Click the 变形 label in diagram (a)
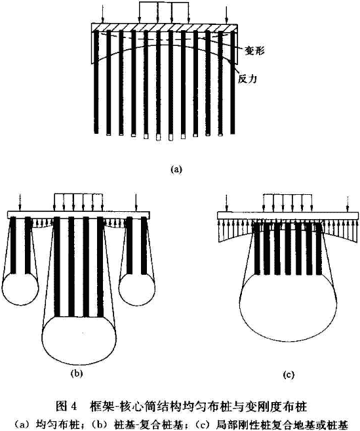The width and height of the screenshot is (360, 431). tap(254, 51)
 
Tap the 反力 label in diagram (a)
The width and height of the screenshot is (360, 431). tap(247, 79)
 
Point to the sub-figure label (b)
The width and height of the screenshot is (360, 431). tap(77, 373)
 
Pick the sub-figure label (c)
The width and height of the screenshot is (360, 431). tap(289, 375)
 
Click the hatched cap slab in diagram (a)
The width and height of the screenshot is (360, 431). tap(165, 27)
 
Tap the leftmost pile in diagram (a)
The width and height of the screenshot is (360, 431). tap(96, 82)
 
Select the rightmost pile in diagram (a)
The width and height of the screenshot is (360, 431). tap(233, 82)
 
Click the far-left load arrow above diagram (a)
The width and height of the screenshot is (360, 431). tap(102, 14)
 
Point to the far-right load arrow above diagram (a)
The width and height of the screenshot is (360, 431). tap(226, 14)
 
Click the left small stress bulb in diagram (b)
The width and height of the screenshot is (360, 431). tap(20, 289)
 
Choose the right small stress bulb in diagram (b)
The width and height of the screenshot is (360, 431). tap(137, 289)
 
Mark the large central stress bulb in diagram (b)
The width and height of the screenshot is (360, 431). tap(79, 338)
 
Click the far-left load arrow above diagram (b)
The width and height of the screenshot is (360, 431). tap(19, 202)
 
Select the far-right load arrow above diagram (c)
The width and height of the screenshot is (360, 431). tap(348, 204)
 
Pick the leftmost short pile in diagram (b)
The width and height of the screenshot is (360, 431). tap(12, 245)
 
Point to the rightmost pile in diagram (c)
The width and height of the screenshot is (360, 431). tap(319, 249)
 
